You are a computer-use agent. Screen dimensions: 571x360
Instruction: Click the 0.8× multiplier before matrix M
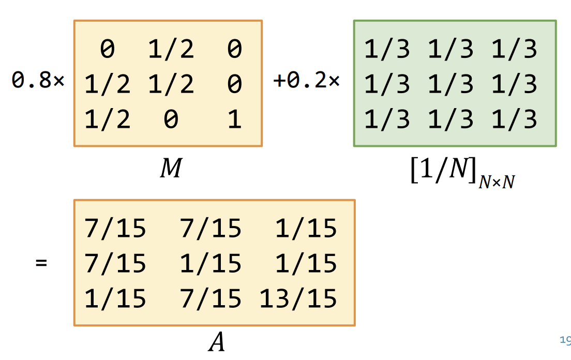[x=38, y=81]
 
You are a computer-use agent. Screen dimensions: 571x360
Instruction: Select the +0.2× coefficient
[x=306, y=81]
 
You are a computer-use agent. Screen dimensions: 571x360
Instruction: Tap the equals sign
[x=41, y=263]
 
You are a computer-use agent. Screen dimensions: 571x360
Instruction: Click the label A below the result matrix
[x=216, y=342]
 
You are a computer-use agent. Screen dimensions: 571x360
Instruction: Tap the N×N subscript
[x=497, y=182]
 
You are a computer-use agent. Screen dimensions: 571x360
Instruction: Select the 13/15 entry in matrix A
[x=298, y=298]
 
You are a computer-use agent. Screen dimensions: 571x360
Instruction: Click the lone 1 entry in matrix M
[x=234, y=120]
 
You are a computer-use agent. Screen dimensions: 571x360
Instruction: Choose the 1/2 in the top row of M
[x=171, y=50]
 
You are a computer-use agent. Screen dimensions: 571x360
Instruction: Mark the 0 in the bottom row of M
[x=171, y=120]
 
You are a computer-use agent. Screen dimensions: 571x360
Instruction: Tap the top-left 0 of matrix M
[x=108, y=50]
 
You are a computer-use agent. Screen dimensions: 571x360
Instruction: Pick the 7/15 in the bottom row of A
[x=211, y=298]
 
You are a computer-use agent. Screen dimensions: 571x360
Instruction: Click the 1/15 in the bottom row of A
[x=115, y=298]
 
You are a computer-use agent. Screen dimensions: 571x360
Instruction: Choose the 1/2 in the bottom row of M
[x=108, y=120]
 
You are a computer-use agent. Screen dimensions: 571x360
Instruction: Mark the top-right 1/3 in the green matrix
[x=515, y=50]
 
